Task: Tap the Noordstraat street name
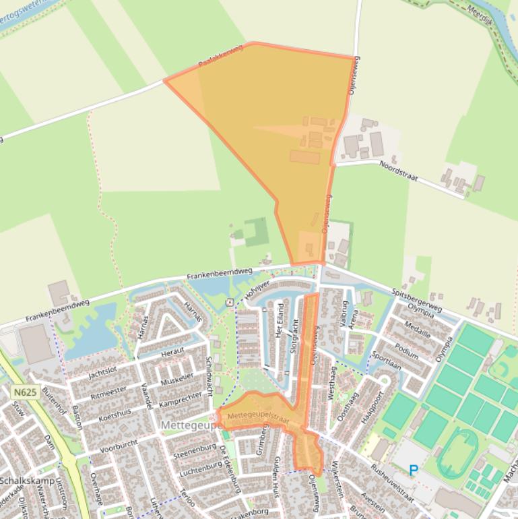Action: pos(398,171)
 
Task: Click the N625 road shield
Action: pos(24,391)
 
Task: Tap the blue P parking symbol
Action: pos(414,470)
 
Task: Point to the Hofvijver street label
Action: pos(251,293)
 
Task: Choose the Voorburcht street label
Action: pos(118,446)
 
